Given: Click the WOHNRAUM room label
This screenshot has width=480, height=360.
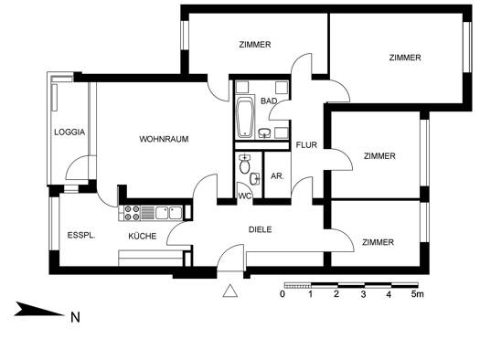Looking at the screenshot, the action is [x=164, y=139].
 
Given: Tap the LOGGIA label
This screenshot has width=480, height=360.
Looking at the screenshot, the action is [x=69, y=132].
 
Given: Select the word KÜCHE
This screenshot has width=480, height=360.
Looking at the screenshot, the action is [x=143, y=236].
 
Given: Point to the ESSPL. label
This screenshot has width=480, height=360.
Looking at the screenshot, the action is [x=81, y=236].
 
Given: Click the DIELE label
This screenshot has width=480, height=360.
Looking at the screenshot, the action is [x=261, y=229].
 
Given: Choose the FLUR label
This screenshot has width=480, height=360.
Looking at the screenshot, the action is [x=306, y=145].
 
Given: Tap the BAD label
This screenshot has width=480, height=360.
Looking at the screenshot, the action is [x=269, y=101].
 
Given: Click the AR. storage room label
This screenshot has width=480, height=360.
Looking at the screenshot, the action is [x=277, y=176].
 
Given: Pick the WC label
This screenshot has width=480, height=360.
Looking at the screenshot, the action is [x=245, y=196].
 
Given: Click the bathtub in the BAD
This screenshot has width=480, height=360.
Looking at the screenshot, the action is [x=246, y=118].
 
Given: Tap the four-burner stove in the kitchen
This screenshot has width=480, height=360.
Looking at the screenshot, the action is [x=132, y=213].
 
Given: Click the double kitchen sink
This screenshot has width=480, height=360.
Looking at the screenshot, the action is [x=168, y=213].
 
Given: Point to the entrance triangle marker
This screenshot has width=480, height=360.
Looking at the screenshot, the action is [x=230, y=291].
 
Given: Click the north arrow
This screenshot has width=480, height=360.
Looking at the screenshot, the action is [x=39, y=309].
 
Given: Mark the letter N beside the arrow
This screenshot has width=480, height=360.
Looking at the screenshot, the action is [x=75, y=318].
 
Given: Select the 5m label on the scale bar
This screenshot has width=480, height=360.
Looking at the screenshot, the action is [x=418, y=294].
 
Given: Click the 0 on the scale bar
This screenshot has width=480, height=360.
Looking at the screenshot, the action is [x=283, y=294].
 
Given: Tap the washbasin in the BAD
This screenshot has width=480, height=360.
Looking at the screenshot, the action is [x=264, y=133].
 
